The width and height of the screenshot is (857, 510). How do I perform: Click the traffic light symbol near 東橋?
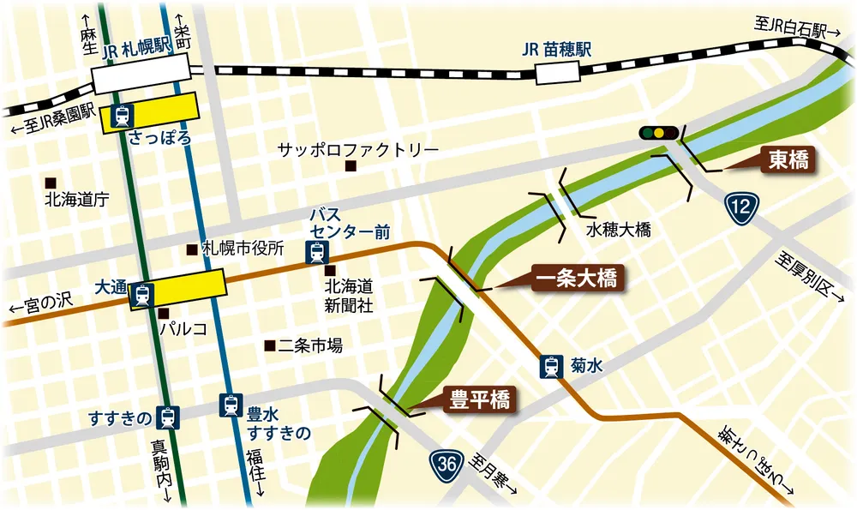coord(658,133)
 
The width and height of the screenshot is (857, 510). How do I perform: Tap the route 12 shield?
coord(741,207)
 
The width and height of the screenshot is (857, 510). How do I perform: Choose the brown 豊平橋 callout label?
coord(480,399)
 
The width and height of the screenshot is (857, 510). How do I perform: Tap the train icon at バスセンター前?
coord(318,253)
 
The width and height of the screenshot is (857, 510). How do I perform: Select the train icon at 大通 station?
coord(142,295)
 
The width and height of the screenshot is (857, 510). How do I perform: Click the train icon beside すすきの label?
coord(169,417)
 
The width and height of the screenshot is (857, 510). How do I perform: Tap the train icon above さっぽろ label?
coord(122,116)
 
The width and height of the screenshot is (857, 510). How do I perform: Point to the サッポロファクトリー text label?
coord(357,150)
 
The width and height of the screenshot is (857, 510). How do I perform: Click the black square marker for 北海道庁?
coord(51,182)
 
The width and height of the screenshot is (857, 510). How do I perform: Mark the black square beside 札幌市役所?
coord(190,249)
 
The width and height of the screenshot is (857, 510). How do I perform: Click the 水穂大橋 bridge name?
coord(619,231)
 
